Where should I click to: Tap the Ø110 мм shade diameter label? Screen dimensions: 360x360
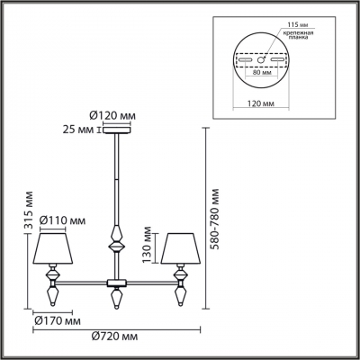pos(65,220)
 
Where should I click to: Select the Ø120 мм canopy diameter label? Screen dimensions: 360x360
pos(113,116)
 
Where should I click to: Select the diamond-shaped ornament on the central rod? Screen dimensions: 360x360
pos(115,242)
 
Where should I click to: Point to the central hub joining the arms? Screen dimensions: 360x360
pos(115,283)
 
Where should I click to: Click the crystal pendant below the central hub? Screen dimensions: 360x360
pos(115,297)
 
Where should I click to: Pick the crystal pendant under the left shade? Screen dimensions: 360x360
pos(51,293)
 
